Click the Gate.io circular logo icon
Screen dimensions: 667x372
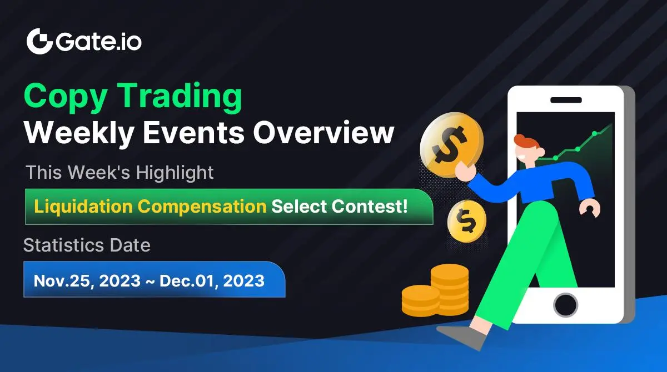[x=39, y=41]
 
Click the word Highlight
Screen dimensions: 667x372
[x=175, y=172]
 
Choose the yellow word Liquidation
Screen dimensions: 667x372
[x=83, y=206]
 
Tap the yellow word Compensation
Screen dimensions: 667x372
[x=202, y=207]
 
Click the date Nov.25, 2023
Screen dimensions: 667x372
[x=87, y=281]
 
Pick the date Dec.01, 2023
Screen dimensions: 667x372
[x=212, y=281]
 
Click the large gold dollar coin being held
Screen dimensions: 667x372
[x=451, y=145]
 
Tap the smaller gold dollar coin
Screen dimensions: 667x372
[x=466, y=221]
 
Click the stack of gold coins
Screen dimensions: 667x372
[x=435, y=290]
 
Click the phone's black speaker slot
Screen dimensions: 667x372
[x=566, y=100]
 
